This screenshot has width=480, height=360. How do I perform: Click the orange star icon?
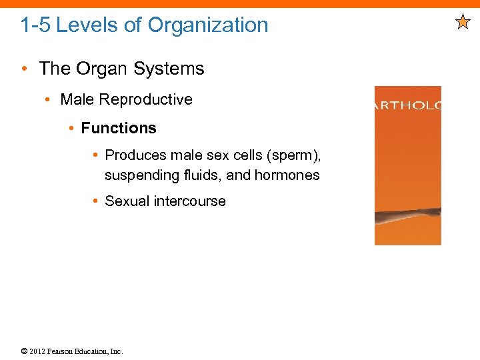[x=463, y=23]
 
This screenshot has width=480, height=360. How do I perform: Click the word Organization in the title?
[x=208, y=25]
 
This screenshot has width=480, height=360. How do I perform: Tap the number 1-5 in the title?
[x=35, y=25]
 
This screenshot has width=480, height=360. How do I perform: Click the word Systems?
[x=175, y=69]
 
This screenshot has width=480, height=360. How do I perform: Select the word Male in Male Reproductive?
[x=75, y=100]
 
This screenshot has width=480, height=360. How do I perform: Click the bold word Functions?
[x=119, y=128]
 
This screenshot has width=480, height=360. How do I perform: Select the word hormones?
[x=289, y=176]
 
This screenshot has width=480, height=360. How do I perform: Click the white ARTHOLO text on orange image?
[x=407, y=106]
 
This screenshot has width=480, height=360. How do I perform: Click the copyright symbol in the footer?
[x=24, y=351]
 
